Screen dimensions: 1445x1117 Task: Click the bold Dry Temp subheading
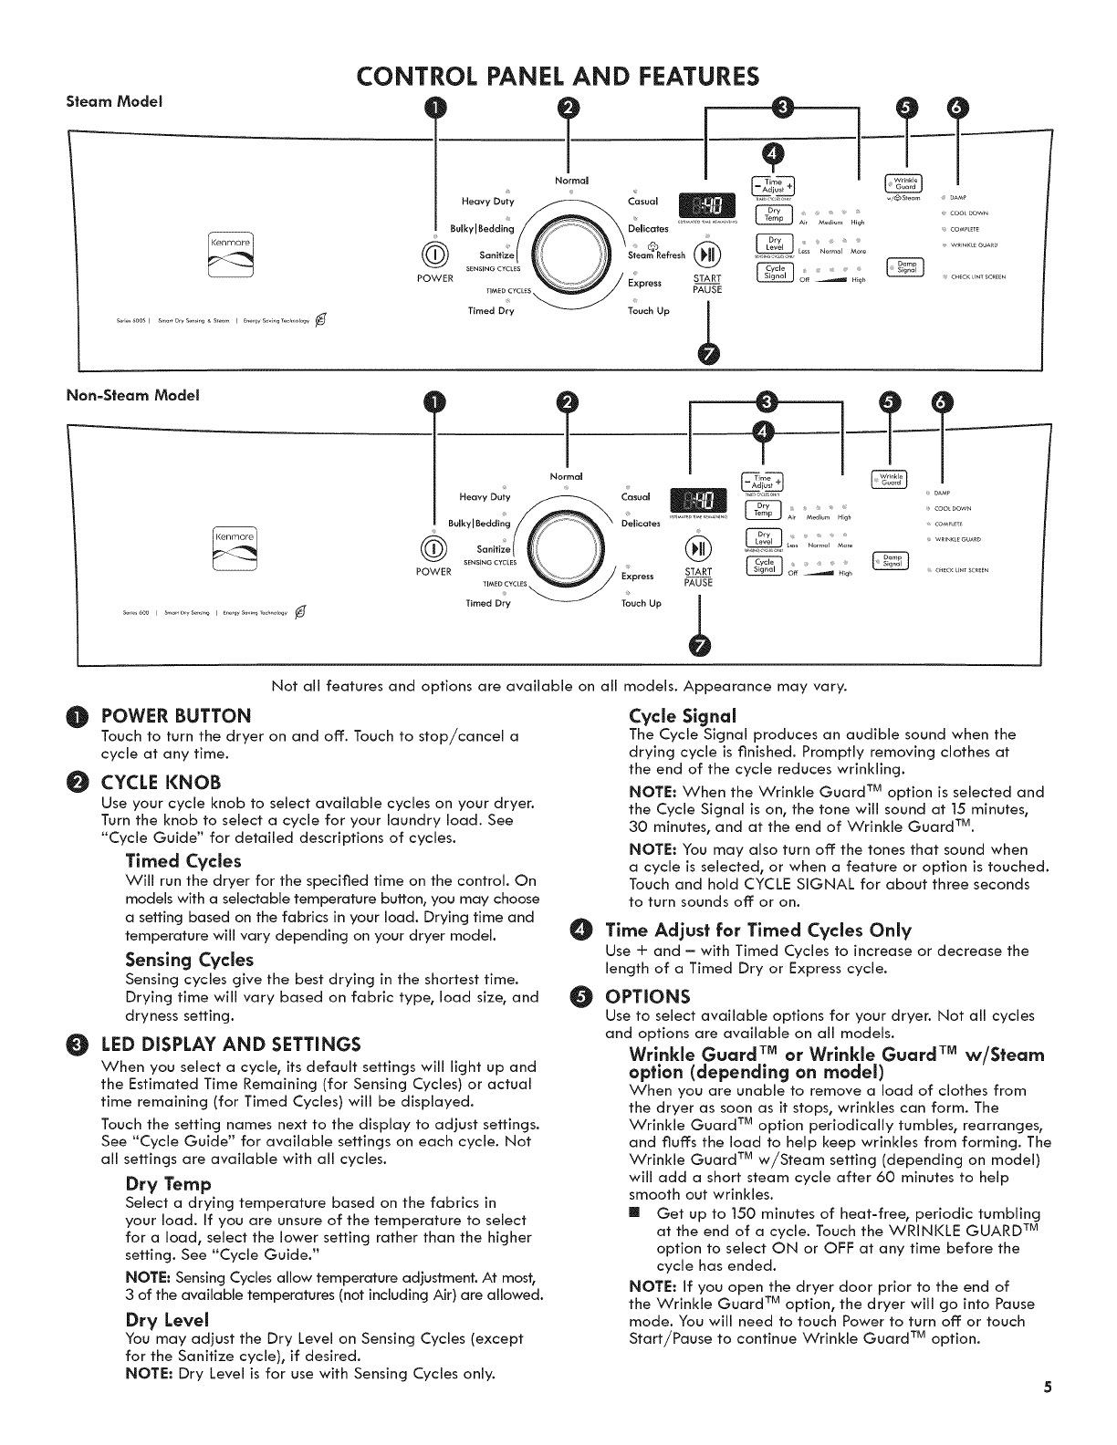(168, 1184)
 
